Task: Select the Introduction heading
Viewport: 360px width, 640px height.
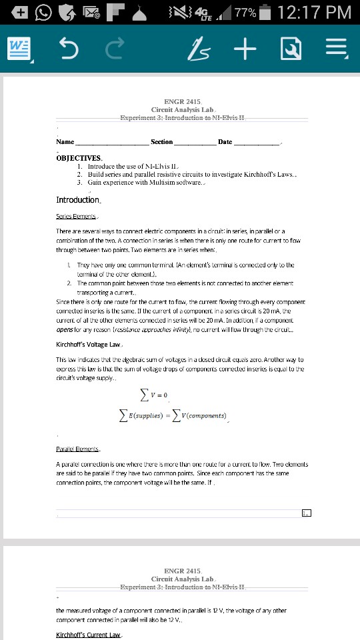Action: tap(78, 199)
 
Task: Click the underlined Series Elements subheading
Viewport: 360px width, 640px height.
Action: tap(77, 217)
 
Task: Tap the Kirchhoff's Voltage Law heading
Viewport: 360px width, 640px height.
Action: tap(88, 345)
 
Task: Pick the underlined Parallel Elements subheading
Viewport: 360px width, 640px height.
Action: tap(79, 450)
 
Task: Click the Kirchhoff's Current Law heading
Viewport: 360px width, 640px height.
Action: tap(88, 634)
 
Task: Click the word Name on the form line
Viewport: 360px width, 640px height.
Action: tap(65, 142)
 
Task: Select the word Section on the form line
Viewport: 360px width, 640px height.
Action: tap(162, 142)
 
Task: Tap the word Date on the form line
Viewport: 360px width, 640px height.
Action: tap(225, 142)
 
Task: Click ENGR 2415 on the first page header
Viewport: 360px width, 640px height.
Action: tap(181, 101)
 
